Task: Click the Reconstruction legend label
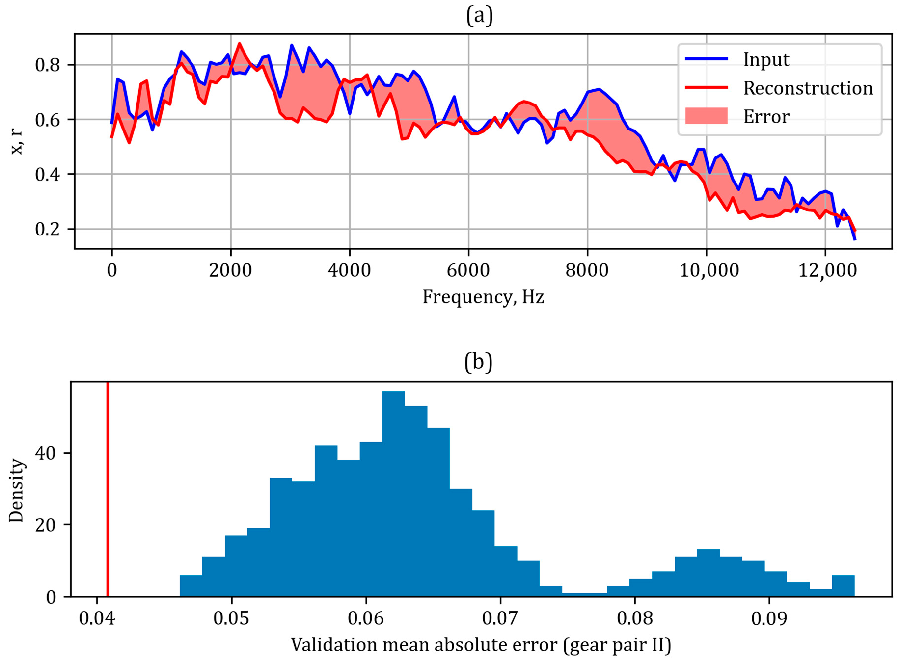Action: click(x=808, y=88)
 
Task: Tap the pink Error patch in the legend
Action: click(x=706, y=116)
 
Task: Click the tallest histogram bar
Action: click(x=393, y=494)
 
